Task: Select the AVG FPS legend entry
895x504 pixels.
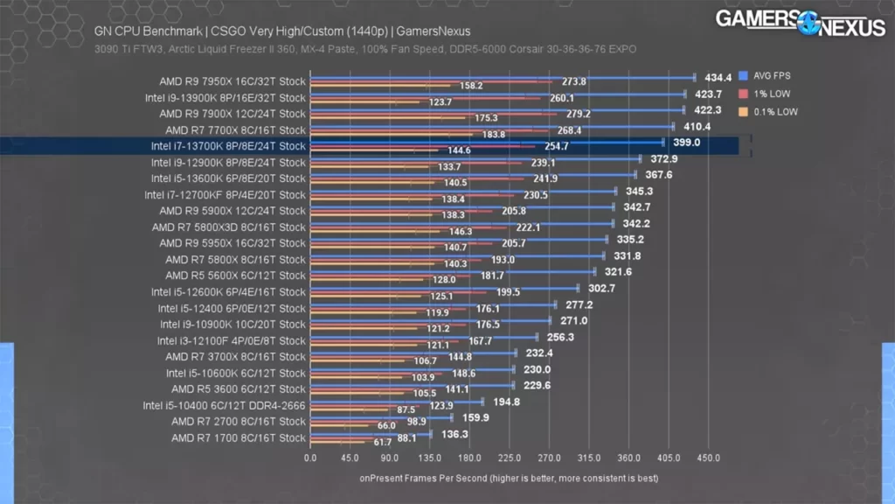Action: (x=768, y=75)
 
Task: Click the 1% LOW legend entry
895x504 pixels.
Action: (x=767, y=93)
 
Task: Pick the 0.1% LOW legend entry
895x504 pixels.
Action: (x=770, y=111)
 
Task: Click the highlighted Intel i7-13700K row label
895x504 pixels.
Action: (x=228, y=146)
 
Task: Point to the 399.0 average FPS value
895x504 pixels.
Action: (x=687, y=141)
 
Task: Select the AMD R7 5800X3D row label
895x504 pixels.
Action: (x=228, y=227)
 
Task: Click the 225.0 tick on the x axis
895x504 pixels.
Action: (x=510, y=458)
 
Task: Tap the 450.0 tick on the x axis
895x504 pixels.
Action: (x=708, y=458)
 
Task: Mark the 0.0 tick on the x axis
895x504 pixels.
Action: (x=310, y=458)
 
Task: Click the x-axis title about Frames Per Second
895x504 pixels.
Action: (x=509, y=479)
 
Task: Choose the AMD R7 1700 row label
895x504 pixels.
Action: (x=238, y=437)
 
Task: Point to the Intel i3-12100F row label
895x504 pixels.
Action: (x=231, y=340)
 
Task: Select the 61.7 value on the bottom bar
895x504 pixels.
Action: (x=383, y=443)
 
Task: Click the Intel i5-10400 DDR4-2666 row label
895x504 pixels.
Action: (x=224, y=405)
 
